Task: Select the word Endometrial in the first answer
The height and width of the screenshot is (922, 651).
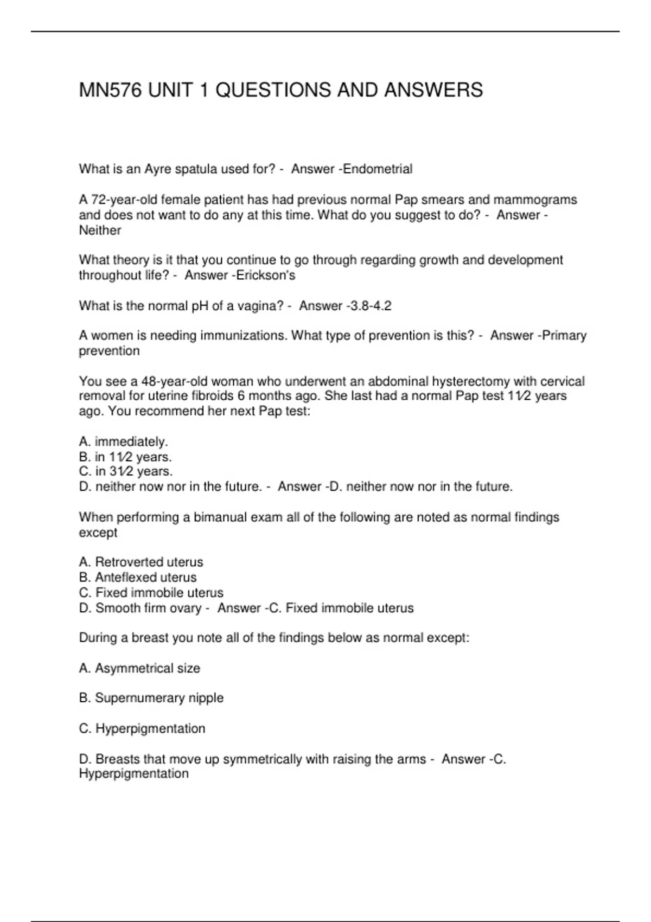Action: (x=378, y=169)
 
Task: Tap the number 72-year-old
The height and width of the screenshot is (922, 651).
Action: (x=119, y=200)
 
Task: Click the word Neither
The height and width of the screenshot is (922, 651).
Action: (x=100, y=230)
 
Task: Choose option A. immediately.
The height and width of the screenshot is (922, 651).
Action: (x=124, y=441)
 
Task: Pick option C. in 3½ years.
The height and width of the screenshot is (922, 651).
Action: (x=126, y=471)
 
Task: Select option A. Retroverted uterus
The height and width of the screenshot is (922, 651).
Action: (x=141, y=562)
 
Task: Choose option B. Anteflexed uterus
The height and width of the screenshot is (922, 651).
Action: (x=138, y=577)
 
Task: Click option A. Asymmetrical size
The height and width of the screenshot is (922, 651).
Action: (x=139, y=668)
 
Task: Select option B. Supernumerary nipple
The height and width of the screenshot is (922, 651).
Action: (x=151, y=698)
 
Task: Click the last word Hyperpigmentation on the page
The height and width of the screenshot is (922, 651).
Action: (x=133, y=773)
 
